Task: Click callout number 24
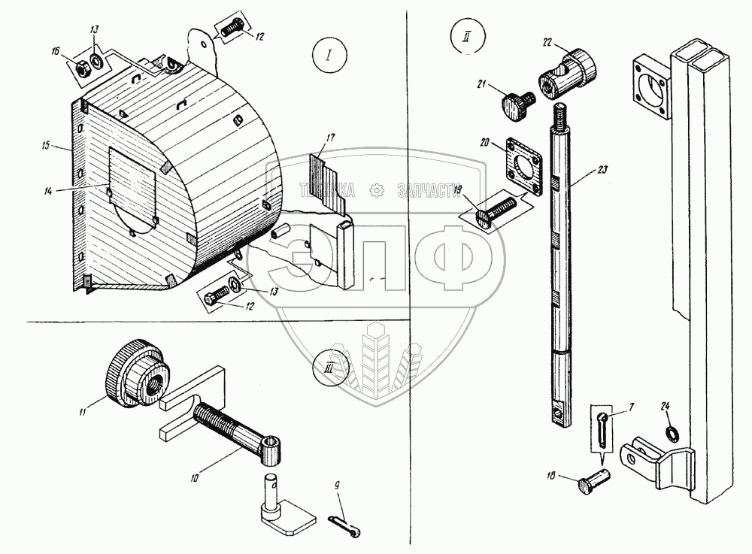pyautogui.click(x=666, y=405)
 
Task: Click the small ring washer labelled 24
pyautogui.click(x=670, y=433)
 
